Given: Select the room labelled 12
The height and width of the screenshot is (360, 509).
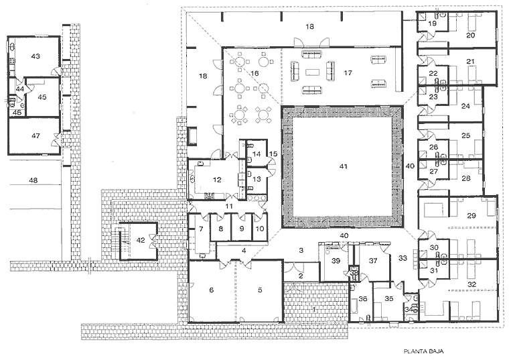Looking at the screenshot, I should point(217,179).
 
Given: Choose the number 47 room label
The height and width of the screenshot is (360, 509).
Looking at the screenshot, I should point(36,135).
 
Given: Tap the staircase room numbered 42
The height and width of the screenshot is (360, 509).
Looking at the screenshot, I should point(141,239).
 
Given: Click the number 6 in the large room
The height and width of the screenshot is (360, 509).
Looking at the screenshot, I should point(211,290).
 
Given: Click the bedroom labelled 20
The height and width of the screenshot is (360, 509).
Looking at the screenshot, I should point(471,35).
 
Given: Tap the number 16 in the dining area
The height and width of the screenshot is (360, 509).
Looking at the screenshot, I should point(254,72).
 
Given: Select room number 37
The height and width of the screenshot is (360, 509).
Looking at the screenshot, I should point(374,260).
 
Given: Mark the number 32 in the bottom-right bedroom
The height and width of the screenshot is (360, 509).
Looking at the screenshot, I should point(471,284).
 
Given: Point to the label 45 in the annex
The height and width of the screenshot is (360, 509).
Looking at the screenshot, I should point(42,97).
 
